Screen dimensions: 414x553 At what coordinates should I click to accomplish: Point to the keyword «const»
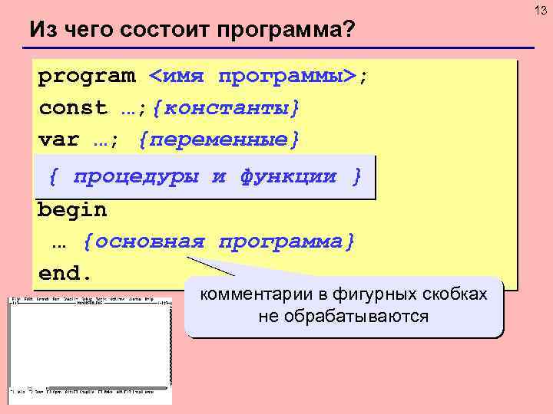coord(72,108)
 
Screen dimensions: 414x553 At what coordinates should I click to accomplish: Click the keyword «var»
coord(58,140)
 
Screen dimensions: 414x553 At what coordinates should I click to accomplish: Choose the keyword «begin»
coord(72,209)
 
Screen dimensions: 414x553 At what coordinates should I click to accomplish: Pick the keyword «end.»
coord(65,274)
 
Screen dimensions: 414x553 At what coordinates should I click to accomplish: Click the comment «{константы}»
coord(226,108)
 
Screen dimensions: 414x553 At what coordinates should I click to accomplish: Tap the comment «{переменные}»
coord(218,140)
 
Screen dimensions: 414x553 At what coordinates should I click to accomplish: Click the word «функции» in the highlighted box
coord(287,176)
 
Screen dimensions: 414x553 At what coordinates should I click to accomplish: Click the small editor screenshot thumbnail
coord(90,349)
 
